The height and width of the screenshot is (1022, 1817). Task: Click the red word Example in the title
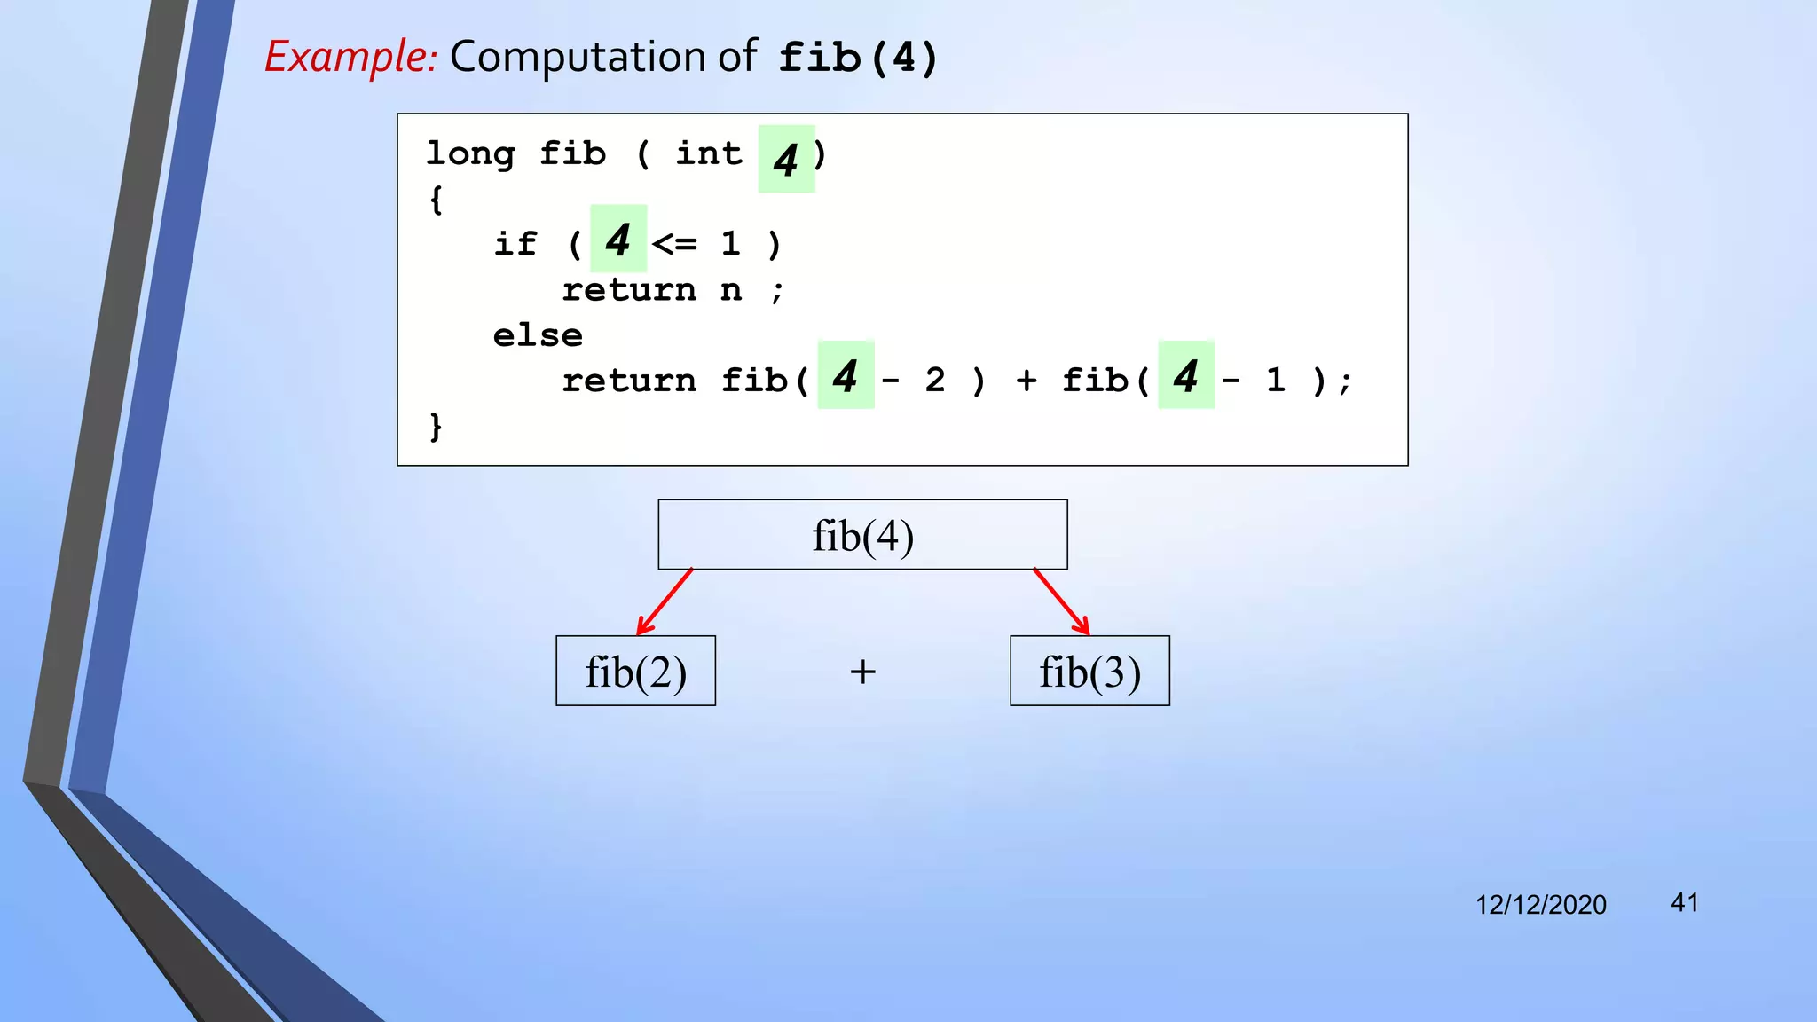(x=350, y=57)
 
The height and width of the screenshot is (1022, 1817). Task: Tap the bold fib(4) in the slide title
(x=857, y=59)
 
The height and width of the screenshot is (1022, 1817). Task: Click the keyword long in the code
(x=470, y=154)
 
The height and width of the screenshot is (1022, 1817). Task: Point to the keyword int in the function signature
(x=709, y=154)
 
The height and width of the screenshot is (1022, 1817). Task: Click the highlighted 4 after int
(x=785, y=160)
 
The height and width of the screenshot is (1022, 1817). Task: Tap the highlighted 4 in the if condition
(x=617, y=240)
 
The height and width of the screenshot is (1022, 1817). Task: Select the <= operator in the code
(x=674, y=243)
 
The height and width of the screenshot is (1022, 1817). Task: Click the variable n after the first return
(x=730, y=289)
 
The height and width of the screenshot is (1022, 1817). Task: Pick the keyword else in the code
(x=538, y=335)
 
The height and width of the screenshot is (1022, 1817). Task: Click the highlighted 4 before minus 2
(x=845, y=375)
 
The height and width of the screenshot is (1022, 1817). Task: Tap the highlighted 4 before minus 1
(x=1185, y=375)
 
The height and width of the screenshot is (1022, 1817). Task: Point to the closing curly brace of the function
(x=435, y=427)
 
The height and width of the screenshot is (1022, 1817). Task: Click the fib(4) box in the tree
(x=862, y=535)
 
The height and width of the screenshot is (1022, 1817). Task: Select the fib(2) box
(x=635, y=672)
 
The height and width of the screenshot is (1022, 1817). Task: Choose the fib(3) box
(x=1089, y=672)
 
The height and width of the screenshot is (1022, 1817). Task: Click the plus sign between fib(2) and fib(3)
(x=862, y=672)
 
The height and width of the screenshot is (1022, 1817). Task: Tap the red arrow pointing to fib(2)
(x=665, y=601)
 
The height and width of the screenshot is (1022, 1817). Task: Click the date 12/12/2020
(x=1540, y=904)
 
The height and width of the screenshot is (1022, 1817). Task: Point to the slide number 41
(x=1684, y=902)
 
